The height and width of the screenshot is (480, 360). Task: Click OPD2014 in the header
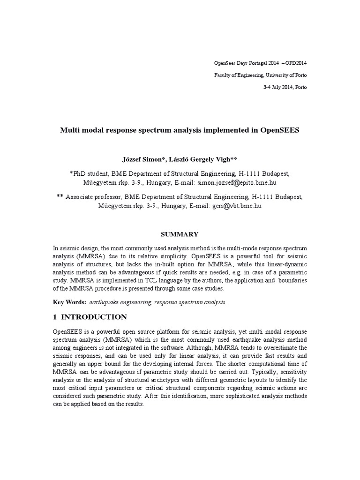[296, 63]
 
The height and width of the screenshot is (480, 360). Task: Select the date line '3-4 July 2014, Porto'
[285, 88]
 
